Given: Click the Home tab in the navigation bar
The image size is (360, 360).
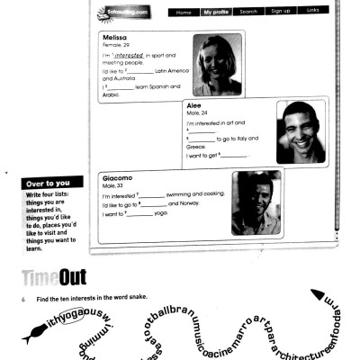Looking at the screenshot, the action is (184, 13).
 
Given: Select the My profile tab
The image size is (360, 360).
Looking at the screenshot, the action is (215, 13).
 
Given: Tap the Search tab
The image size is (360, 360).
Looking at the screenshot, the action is (248, 13).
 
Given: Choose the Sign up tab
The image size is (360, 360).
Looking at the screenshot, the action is (281, 13).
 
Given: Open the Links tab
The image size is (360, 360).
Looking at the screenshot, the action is (312, 13).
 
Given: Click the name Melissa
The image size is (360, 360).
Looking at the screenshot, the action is (116, 37).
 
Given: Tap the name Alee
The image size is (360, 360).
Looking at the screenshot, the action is (193, 104).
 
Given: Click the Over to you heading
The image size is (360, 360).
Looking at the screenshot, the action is (47, 184).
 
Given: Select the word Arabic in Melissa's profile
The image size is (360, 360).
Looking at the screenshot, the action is (112, 94).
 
